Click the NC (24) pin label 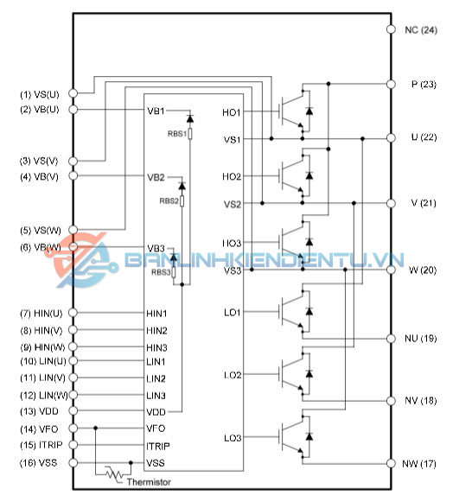[421, 30]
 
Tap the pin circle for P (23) [391, 85]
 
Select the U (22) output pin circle [391, 138]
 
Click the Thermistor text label [149, 482]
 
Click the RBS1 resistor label [177, 134]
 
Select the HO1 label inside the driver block [232, 112]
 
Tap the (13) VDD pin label [39, 411]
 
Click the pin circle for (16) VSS [73, 463]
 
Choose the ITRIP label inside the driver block [157, 446]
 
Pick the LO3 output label [233, 438]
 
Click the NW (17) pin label [419, 464]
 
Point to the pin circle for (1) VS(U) [73, 93]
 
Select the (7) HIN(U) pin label [41, 314]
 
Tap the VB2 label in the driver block [156, 177]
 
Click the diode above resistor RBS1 [190, 118]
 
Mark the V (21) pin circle [391, 203]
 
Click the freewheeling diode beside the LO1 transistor [309, 311]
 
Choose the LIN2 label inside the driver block [156, 378]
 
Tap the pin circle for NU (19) [391, 339]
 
